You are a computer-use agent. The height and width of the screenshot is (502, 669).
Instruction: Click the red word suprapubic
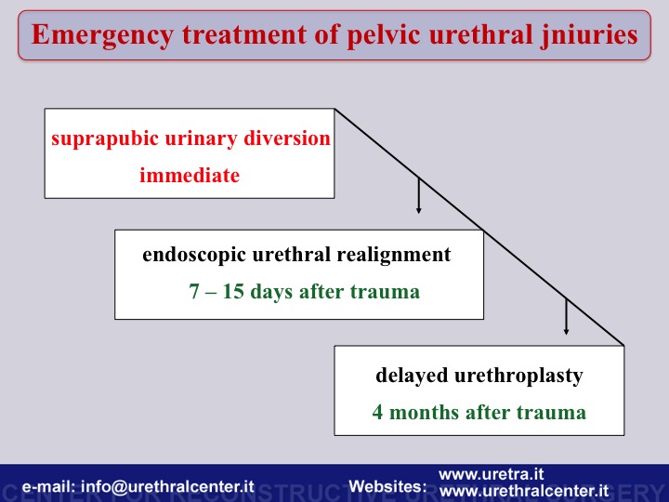(105, 139)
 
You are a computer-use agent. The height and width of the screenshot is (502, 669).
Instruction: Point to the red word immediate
(190, 175)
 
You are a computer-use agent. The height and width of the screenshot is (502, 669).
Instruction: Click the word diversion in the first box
(287, 138)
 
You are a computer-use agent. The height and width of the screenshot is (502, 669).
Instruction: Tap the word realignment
(393, 256)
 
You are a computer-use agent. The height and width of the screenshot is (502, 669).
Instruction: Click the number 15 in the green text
(233, 292)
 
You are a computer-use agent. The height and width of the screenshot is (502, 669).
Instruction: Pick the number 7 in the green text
(194, 292)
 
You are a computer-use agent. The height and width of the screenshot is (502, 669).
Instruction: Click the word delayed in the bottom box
(412, 376)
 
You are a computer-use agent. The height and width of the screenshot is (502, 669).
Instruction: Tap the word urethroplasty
(518, 376)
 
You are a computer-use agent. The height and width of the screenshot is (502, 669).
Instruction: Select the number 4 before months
(377, 413)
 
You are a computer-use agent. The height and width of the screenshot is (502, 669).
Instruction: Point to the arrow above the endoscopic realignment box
(418, 195)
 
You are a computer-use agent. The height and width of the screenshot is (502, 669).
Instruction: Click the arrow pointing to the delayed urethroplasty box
(566, 317)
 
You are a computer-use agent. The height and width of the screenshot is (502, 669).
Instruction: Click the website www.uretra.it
(492, 474)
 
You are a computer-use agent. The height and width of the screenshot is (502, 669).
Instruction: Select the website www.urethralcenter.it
(524, 491)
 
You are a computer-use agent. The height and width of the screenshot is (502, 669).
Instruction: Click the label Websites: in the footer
(387, 486)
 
